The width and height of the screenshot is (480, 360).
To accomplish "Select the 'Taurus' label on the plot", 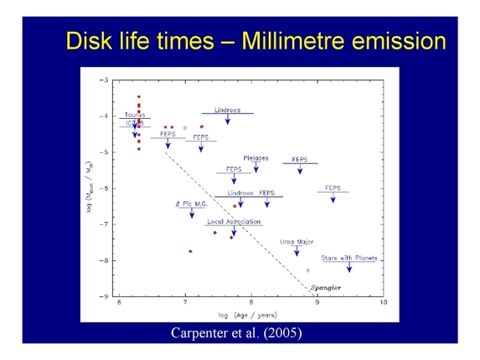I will [x=135, y=115].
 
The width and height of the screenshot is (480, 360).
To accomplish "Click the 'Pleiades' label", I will [x=255, y=157].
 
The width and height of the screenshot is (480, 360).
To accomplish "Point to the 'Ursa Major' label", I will [x=297, y=242].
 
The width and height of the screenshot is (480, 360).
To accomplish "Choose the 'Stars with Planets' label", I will [x=349, y=258].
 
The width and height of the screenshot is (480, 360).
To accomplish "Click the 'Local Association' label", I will [x=234, y=222].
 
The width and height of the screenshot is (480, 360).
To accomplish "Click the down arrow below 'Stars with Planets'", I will [x=349, y=268].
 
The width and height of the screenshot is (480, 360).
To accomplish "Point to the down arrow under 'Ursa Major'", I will [x=297, y=251].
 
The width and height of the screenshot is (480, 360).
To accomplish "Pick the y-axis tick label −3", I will [x=104, y=80].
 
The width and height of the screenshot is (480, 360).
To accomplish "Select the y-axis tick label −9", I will [x=104, y=296].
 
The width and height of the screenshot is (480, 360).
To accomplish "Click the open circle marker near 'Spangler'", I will [x=308, y=270].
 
